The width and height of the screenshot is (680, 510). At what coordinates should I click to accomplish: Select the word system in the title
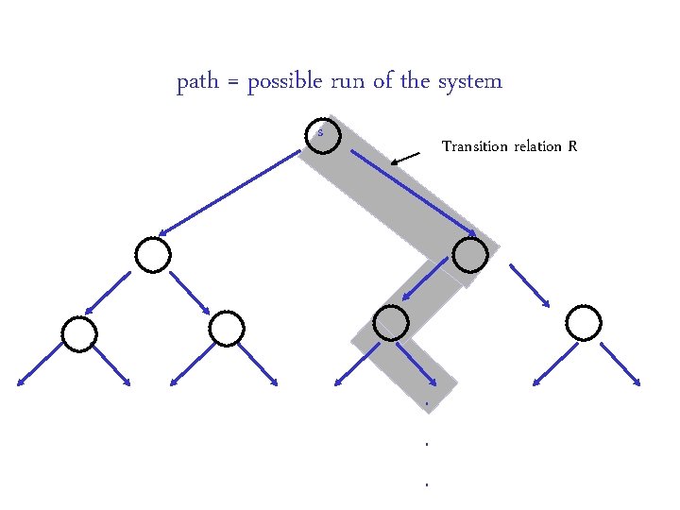click(x=470, y=82)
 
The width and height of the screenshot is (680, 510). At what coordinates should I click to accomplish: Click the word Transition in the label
click(x=474, y=146)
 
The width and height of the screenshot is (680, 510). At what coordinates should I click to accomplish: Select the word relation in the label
click(x=538, y=146)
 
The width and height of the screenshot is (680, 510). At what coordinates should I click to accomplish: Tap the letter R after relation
click(x=572, y=146)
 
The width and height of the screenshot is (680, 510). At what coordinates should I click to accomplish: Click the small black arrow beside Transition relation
click(x=406, y=158)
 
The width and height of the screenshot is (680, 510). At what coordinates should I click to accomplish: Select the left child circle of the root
click(x=153, y=254)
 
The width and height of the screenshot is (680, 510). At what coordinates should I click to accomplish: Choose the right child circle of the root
click(x=470, y=254)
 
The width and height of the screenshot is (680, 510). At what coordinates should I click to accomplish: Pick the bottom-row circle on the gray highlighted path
click(x=391, y=323)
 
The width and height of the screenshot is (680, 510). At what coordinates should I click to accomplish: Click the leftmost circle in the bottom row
click(x=79, y=332)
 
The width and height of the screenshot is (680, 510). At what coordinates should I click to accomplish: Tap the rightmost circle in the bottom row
click(x=584, y=323)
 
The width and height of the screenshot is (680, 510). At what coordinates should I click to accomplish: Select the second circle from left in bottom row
click(x=227, y=328)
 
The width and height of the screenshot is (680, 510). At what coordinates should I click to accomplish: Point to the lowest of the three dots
click(x=428, y=484)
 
